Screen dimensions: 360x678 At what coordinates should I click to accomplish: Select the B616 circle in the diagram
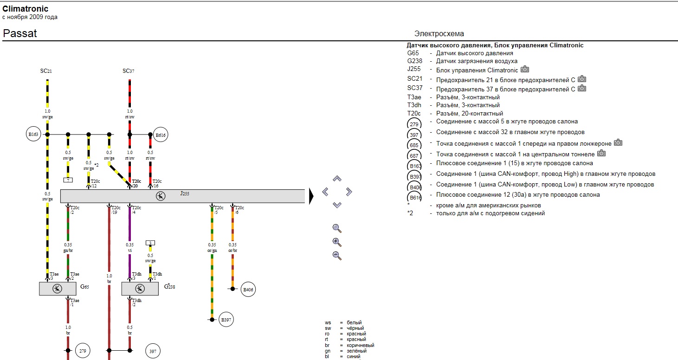tap(161, 135)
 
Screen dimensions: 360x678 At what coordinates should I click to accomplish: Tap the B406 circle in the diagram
tap(249, 290)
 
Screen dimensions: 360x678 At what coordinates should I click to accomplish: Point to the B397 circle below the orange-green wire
tap(226, 320)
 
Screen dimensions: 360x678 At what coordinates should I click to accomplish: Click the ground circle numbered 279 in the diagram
tap(82, 351)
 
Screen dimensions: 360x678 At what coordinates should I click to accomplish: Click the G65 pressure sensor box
tap(58, 289)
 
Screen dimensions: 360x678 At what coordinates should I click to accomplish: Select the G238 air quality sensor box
tap(140, 289)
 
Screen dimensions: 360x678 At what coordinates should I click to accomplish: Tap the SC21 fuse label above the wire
tap(46, 71)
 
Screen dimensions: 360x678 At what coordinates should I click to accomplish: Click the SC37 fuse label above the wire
tap(129, 71)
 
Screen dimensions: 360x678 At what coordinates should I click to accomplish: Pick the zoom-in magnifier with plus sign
tap(337, 242)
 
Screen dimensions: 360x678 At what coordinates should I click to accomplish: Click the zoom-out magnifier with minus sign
tap(337, 256)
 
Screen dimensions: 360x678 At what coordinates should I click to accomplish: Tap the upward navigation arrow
tap(337, 178)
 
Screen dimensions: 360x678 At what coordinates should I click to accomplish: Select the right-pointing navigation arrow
tap(349, 192)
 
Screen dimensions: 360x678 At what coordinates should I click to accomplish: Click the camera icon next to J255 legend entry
tap(525, 69)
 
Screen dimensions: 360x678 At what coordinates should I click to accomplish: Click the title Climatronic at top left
tap(26, 9)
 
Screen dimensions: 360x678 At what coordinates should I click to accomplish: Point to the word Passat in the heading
tap(20, 33)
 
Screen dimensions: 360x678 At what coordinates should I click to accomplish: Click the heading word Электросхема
tap(439, 33)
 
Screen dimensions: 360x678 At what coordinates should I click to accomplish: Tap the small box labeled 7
tap(68, 180)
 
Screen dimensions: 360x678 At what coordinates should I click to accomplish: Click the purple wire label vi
tap(129, 251)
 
